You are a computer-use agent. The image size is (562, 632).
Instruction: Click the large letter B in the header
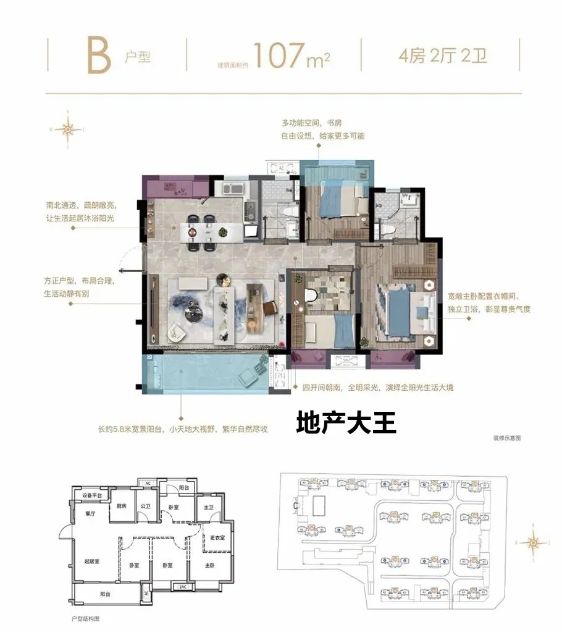pos(98,55)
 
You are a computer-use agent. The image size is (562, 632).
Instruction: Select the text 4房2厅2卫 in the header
pos(443,57)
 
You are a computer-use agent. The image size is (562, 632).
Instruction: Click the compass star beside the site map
pos(531,544)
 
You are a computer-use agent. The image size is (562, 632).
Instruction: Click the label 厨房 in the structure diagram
pos(121,505)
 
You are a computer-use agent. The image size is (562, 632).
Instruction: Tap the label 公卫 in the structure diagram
pos(145,505)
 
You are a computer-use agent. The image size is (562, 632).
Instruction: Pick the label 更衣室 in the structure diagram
pos(216,537)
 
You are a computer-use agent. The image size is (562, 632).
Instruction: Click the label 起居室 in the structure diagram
pos(92,562)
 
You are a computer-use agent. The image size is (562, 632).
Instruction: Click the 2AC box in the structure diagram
pos(182,586)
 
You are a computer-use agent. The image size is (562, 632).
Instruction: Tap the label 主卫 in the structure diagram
pos(208,507)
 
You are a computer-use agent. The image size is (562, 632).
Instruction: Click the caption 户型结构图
pos(86,618)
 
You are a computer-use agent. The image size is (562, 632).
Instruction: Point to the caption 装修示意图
pos(507,437)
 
